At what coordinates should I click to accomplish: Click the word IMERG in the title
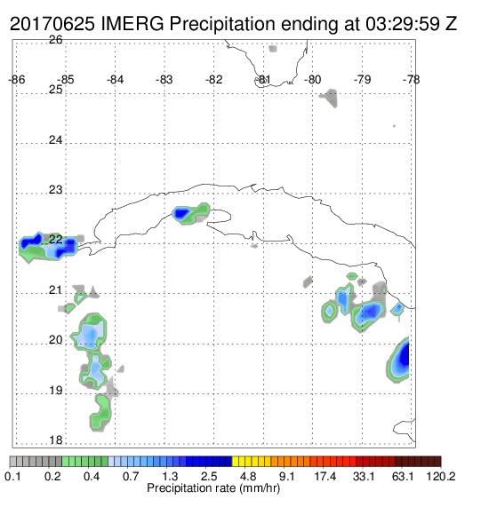pyautogui.click(x=132, y=24)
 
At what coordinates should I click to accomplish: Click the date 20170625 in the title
pyautogui.click(x=52, y=24)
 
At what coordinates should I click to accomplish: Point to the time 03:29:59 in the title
pyautogui.click(x=403, y=24)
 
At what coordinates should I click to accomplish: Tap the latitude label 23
pyautogui.click(x=56, y=190)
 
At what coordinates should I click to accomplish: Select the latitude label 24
pyautogui.click(x=56, y=140)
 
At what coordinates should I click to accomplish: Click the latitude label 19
pyautogui.click(x=56, y=391)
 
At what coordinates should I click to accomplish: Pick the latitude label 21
pyautogui.click(x=56, y=290)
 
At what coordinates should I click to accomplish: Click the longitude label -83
pyautogui.click(x=164, y=80)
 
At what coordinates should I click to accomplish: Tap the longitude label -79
pyautogui.click(x=362, y=80)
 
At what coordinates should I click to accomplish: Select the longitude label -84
pyautogui.click(x=115, y=80)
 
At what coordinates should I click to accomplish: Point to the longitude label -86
pyautogui.click(x=17, y=80)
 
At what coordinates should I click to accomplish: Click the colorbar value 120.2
pyautogui.click(x=440, y=476)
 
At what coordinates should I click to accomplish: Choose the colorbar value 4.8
pyautogui.click(x=248, y=476)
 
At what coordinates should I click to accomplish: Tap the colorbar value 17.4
pyautogui.click(x=325, y=476)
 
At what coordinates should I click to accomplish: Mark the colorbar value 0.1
pyautogui.click(x=13, y=476)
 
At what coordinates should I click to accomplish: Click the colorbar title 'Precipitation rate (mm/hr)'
pyautogui.click(x=213, y=488)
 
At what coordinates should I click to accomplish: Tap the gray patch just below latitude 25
pyautogui.click(x=330, y=98)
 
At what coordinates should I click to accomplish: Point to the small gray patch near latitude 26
pyautogui.click(x=273, y=49)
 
